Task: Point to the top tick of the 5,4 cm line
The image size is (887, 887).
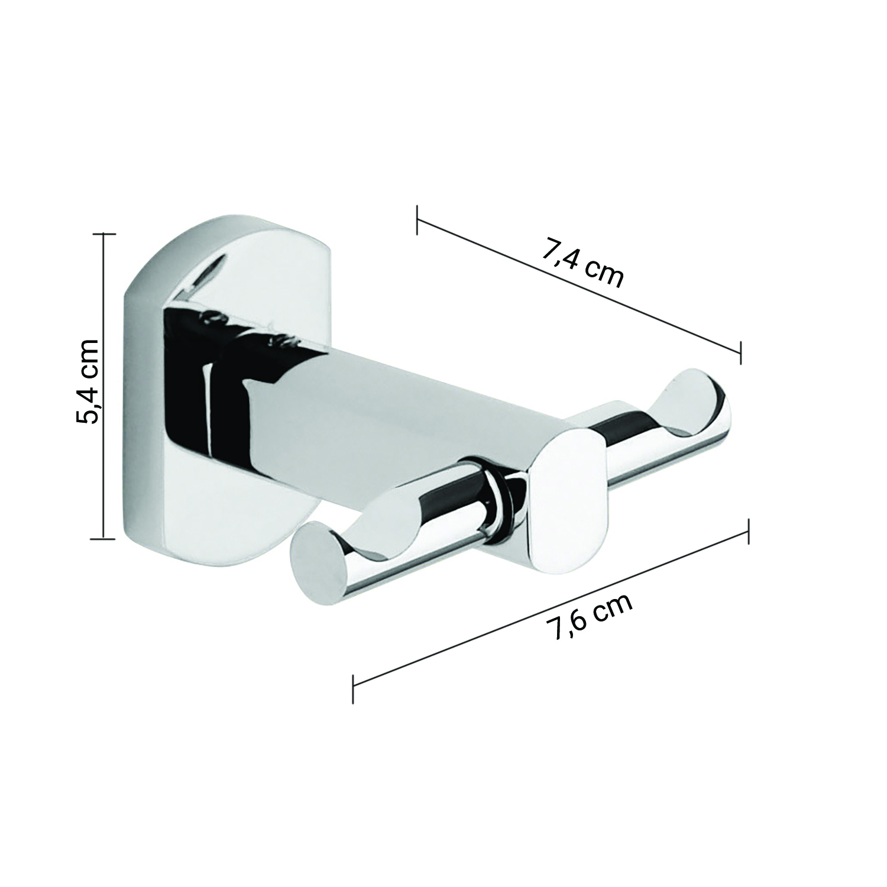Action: click(104, 234)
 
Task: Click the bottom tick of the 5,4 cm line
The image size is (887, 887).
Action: click(104, 538)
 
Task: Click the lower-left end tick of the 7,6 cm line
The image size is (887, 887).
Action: click(353, 689)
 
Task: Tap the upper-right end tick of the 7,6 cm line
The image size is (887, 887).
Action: click(749, 531)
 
